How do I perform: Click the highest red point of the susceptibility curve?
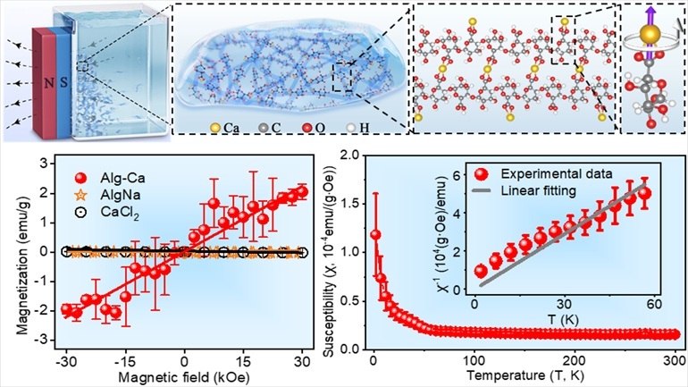click(x=376, y=235)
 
